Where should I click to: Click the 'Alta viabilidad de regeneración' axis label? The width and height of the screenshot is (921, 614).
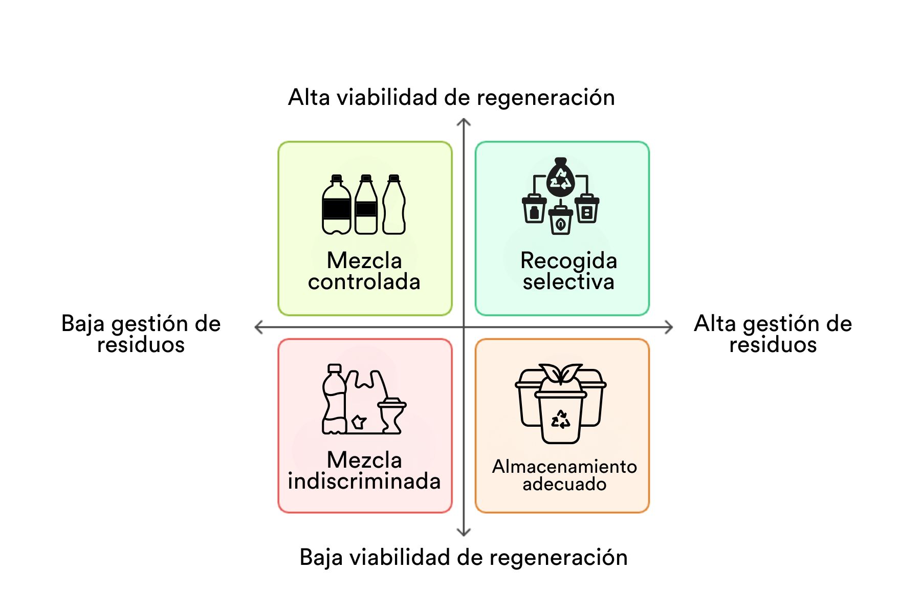point(451,97)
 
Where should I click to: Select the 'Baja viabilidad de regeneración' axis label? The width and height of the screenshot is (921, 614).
point(463,557)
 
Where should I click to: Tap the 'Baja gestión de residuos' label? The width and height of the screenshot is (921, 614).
point(141,334)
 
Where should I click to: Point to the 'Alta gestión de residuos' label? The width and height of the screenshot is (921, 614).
point(773,334)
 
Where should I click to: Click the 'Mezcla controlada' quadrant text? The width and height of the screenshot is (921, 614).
point(364,271)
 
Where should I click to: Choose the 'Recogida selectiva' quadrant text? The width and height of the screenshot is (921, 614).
point(568,271)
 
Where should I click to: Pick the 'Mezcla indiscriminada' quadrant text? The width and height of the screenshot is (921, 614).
point(364,471)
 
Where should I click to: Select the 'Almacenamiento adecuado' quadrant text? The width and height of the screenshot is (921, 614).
point(564,475)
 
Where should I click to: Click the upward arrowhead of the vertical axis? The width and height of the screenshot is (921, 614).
point(464,122)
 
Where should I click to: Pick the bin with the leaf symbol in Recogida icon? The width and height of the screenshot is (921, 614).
point(561,221)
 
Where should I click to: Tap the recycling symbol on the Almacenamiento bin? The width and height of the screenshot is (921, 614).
point(561,420)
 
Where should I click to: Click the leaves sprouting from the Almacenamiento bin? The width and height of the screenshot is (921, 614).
point(561,374)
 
